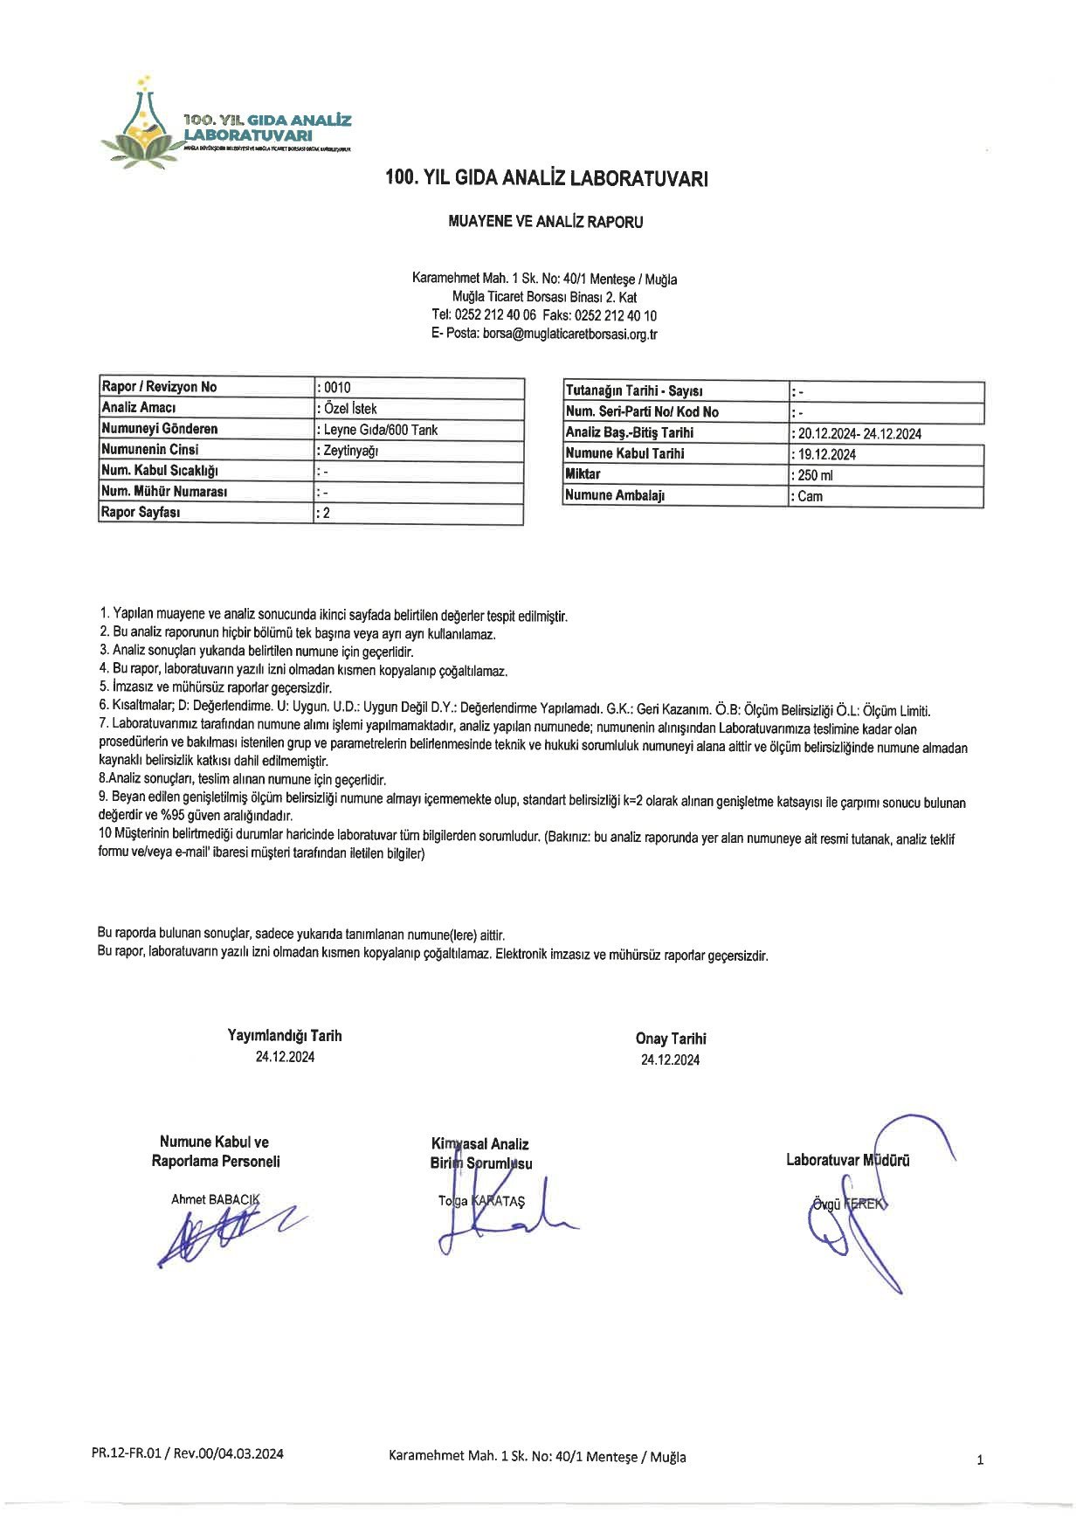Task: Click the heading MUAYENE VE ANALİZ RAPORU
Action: click(545, 222)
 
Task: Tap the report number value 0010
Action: click(336, 387)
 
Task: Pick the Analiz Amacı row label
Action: click(139, 408)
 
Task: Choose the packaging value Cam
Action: click(810, 496)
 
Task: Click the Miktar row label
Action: click(583, 474)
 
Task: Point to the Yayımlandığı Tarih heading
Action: click(285, 1036)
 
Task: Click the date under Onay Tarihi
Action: click(670, 1060)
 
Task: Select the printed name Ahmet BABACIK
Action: click(215, 1199)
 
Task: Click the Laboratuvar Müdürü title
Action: click(847, 1160)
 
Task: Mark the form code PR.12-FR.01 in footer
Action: click(128, 1454)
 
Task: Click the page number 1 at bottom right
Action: click(980, 1460)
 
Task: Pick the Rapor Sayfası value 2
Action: click(326, 513)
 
